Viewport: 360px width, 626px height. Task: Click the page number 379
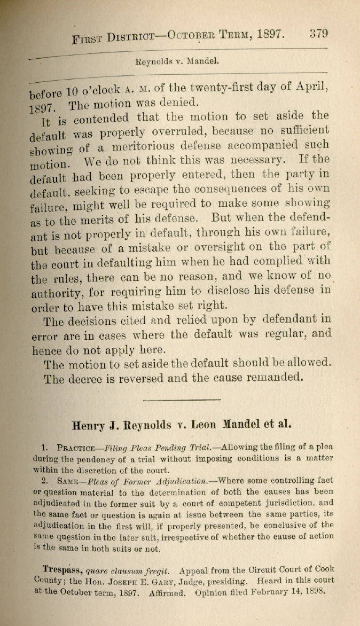[x=318, y=34]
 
